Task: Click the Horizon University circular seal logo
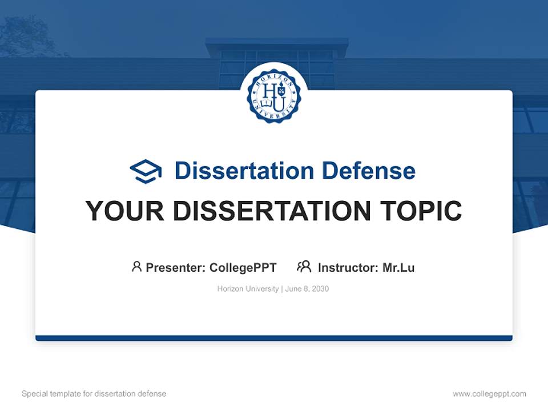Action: [273, 95]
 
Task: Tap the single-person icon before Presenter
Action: [136, 267]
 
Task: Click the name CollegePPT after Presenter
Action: [243, 267]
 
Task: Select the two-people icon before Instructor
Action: [304, 267]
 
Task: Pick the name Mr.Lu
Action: [398, 267]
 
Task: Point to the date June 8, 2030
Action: [307, 289]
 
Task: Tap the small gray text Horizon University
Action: [248, 289]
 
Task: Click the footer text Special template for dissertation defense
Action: [94, 394]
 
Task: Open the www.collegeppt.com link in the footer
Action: [489, 394]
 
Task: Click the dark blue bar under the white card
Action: [274, 338]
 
